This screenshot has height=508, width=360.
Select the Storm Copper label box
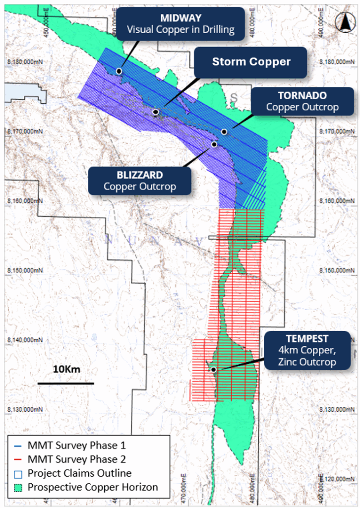(x=251, y=62)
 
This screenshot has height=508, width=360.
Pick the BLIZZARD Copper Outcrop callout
(x=140, y=181)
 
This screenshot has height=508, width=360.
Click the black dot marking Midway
(x=119, y=71)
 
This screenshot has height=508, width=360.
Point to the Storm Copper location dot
(x=156, y=112)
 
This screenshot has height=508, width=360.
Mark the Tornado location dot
(x=224, y=132)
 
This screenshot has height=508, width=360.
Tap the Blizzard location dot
(x=214, y=144)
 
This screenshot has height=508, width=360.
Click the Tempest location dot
(x=213, y=370)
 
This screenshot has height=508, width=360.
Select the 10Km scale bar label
(x=66, y=370)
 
